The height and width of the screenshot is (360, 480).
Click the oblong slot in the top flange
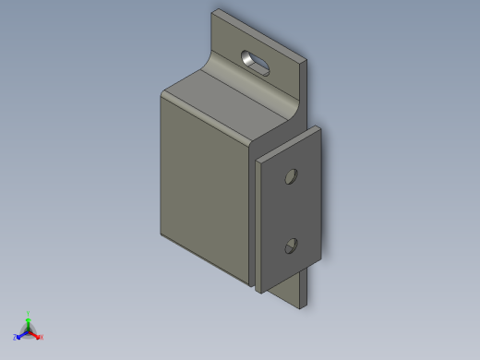coord(258,62)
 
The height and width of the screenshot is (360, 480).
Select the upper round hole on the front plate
coord(291,174)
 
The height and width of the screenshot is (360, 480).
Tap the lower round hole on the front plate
coord(291,245)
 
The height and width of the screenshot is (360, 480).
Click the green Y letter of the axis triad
coord(29,314)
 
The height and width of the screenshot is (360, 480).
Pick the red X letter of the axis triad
coord(42,337)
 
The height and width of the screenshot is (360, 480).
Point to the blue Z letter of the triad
coord(16,338)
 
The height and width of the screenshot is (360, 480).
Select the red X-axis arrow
coord(36,334)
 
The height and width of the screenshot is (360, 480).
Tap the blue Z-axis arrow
coord(21,335)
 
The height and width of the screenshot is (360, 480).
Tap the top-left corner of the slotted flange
coord(214,12)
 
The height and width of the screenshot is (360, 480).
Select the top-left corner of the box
coord(162,91)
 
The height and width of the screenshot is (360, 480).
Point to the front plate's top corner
coord(316,127)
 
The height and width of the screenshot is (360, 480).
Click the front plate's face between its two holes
coord(291,210)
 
